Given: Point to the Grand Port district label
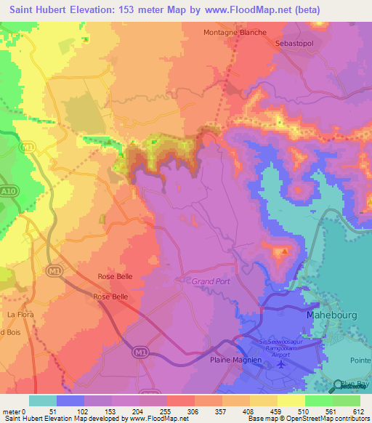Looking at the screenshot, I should [211, 281].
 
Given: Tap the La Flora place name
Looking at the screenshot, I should [22, 314].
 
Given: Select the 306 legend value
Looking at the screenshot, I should [193, 411].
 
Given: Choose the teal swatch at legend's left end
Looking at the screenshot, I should [42, 400].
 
